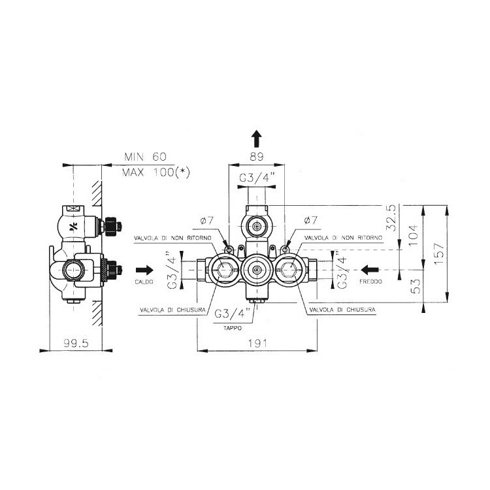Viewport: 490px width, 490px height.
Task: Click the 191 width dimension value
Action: point(257,344)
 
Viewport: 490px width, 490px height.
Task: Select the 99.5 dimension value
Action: point(76,344)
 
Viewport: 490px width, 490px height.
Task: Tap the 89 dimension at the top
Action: point(257,157)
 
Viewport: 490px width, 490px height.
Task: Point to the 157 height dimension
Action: point(439,253)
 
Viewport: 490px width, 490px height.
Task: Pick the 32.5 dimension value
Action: point(391,218)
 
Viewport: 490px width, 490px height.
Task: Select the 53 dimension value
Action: point(416,286)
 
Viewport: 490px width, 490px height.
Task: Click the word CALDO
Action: point(144,282)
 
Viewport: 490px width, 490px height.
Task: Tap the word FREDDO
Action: point(370,282)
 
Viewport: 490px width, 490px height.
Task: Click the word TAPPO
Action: point(233,328)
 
